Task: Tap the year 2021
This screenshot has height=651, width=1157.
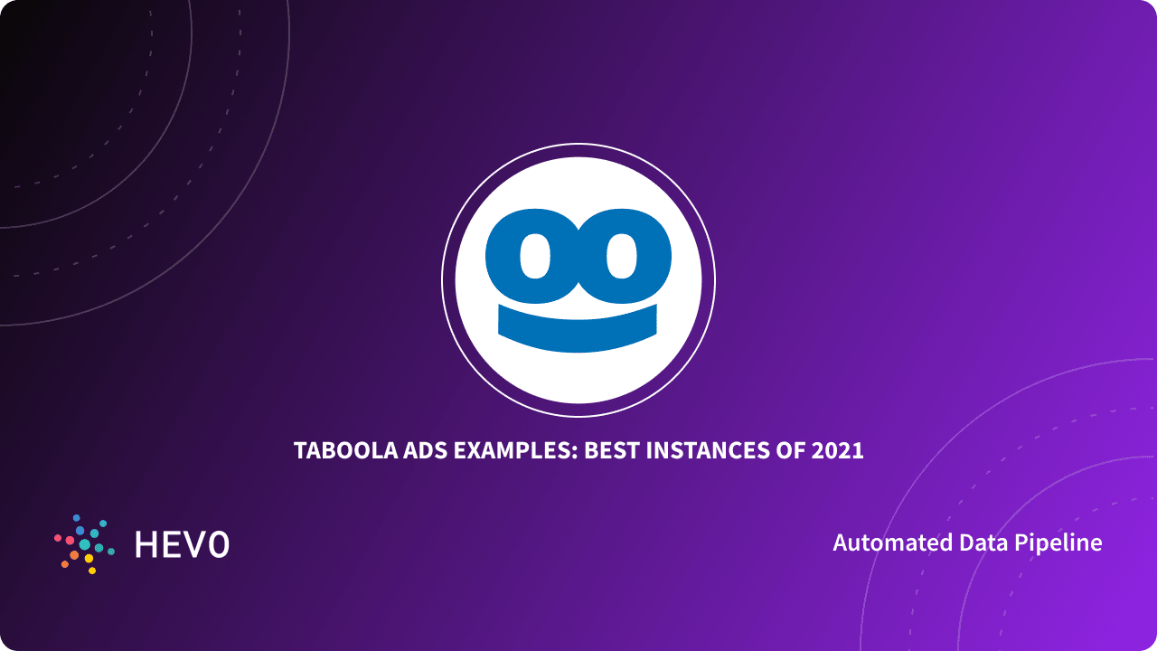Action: pyautogui.click(x=836, y=450)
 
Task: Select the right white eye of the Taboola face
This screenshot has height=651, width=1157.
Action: pyautogui.click(x=620, y=258)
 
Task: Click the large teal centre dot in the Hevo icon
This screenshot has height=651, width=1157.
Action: pyautogui.click(x=84, y=544)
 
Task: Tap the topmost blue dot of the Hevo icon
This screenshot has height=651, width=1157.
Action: pyautogui.click(x=77, y=517)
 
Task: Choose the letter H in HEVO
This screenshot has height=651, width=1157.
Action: pyautogui.click(x=146, y=544)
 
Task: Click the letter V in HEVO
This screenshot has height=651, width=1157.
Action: pyautogui.click(x=194, y=544)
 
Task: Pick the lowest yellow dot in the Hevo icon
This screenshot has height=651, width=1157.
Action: pyautogui.click(x=92, y=571)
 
